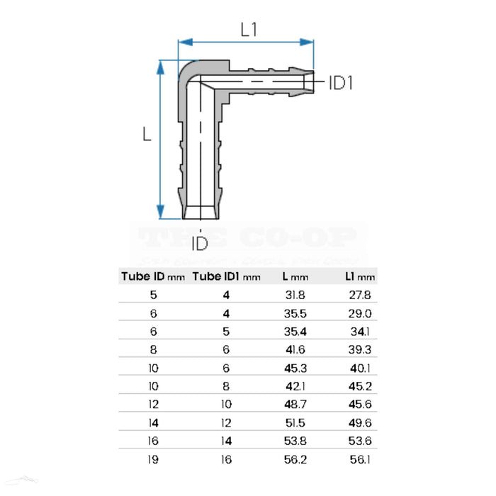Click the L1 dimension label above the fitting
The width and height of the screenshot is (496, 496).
coord(248,30)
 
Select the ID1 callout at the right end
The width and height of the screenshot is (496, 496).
coord(341,83)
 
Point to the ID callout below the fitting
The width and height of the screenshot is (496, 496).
coord(201,244)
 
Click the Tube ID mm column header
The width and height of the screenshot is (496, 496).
coord(152,276)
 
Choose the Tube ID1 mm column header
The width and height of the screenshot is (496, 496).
coord(227,276)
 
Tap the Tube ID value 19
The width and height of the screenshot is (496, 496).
coord(154,459)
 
